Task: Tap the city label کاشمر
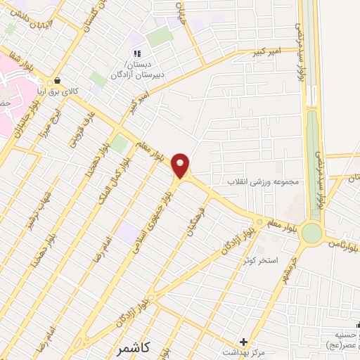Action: click(x=135, y=348)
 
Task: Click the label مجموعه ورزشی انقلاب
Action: click(x=262, y=181)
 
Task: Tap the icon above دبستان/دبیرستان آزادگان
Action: click(x=138, y=53)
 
